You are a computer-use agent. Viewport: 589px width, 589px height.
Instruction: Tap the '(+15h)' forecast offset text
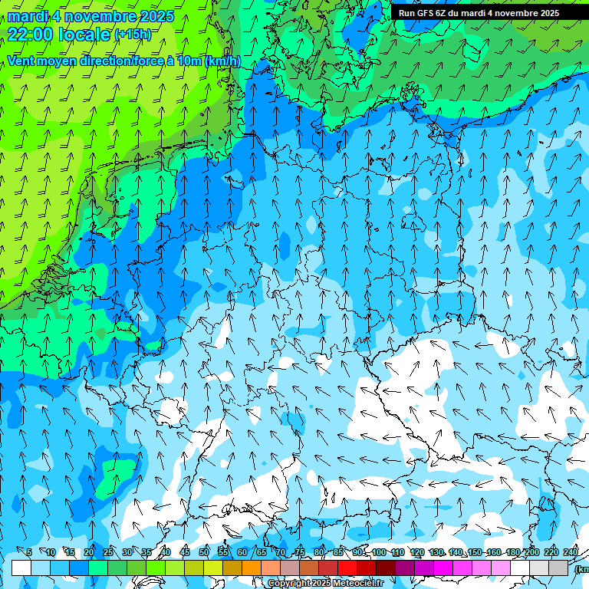coord(133,35)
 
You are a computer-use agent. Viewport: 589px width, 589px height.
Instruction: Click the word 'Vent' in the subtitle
coord(22,61)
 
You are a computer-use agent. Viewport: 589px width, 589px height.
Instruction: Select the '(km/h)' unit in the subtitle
coord(222,61)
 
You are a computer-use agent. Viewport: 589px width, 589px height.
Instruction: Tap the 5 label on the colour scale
coord(29,553)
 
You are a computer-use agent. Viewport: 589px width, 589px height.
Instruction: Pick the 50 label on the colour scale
coord(204,553)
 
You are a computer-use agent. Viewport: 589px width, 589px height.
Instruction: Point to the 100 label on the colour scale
coord(378,553)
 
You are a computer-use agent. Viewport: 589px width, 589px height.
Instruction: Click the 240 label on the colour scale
coord(570,553)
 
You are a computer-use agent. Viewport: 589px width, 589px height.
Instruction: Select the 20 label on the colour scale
coord(89,553)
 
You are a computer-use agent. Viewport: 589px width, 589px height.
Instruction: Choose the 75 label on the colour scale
coord(300,553)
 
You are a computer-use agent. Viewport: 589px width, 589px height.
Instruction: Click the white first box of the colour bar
coord(21,568)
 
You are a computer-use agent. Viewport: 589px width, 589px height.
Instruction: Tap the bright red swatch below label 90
coord(347,568)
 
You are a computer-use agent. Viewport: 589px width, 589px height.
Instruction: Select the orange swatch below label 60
coord(252,568)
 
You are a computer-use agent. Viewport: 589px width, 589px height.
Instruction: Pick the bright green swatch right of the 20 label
coord(98,568)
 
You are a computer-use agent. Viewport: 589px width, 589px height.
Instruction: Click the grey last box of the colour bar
coord(558,568)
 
